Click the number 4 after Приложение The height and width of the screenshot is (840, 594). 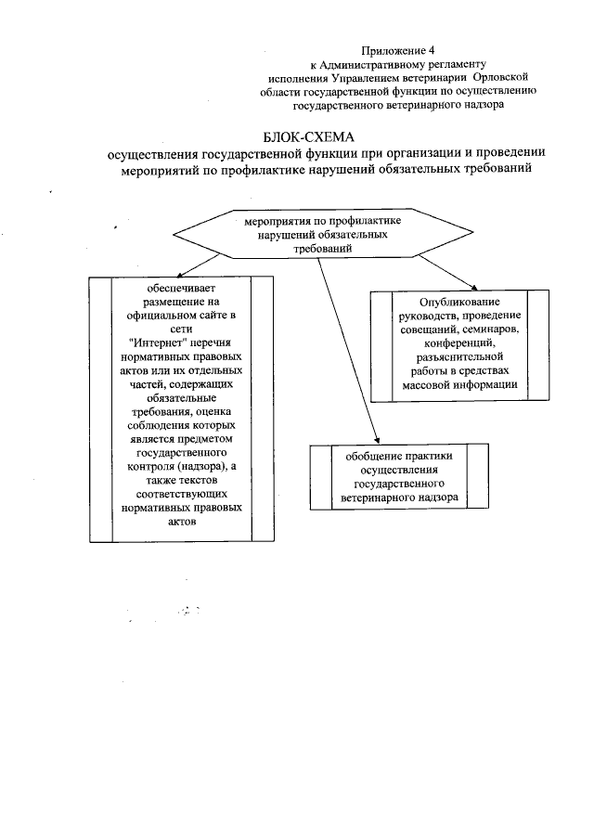point(431,49)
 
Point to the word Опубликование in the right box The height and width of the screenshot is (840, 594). point(447,303)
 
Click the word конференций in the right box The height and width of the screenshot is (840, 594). point(447,342)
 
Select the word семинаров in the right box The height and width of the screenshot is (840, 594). point(498,330)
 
